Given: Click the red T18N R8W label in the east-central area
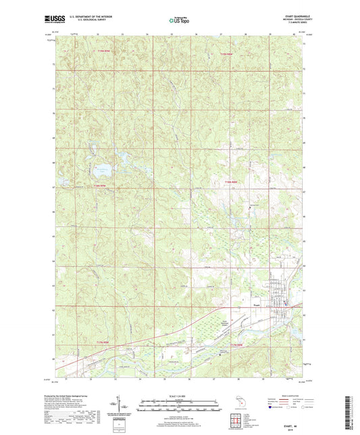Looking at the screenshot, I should pos(232,182).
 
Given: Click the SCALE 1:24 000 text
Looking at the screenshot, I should pos(179,396).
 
